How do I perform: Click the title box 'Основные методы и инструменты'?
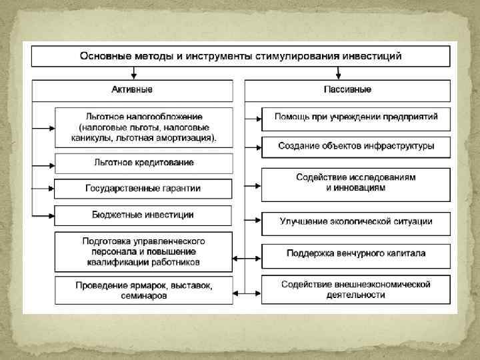click(240, 55)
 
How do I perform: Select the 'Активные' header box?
click(132, 89)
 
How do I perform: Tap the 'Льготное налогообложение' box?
click(144, 127)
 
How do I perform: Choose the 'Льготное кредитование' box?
click(144, 162)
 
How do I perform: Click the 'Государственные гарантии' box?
click(144, 189)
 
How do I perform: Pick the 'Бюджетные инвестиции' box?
click(144, 215)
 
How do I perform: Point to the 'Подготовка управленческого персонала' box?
click(144, 252)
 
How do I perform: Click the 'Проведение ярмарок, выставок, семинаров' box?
click(144, 291)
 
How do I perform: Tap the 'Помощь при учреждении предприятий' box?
click(356, 117)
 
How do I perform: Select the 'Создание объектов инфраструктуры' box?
click(356, 146)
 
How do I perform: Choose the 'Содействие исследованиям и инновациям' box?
click(356, 183)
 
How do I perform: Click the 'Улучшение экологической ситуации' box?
click(356, 221)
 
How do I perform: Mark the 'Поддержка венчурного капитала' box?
click(356, 253)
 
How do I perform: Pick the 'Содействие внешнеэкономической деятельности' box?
click(356, 290)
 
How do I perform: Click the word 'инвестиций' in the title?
click(371, 55)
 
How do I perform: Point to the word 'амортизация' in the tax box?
click(187, 139)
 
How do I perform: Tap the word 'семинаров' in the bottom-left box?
click(144, 297)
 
